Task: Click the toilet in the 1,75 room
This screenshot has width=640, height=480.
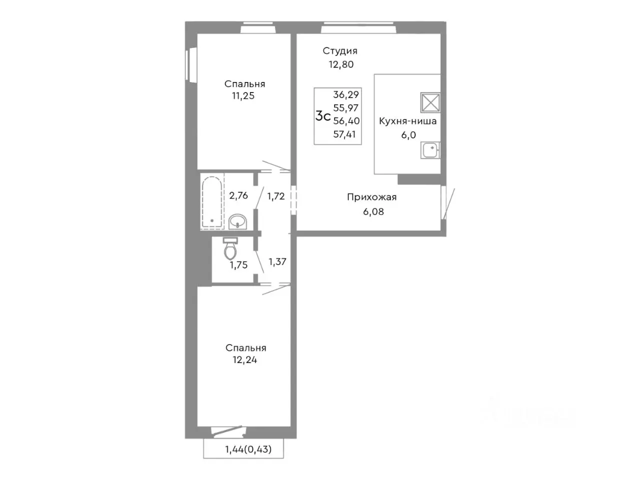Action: click(x=230, y=248)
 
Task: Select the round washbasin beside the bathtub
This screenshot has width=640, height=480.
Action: click(x=237, y=222)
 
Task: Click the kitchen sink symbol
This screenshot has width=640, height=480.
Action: click(x=430, y=150)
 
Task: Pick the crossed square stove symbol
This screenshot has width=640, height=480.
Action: click(x=430, y=102)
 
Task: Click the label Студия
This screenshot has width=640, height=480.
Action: click(x=339, y=51)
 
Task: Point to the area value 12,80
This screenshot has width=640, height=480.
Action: click(x=341, y=64)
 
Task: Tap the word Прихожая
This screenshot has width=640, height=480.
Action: click(x=372, y=197)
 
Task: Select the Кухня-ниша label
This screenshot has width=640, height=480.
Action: click(x=407, y=121)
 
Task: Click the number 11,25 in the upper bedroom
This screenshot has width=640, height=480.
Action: click(x=243, y=95)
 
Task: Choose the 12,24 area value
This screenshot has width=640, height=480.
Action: click(x=244, y=360)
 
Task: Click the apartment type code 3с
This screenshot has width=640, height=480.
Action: click(x=323, y=116)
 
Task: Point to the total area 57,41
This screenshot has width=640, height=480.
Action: click(x=344, y=134)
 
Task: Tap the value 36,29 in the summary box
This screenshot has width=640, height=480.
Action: click(x=346, y=94)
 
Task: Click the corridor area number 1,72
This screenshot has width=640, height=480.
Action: click(x=276, y=196)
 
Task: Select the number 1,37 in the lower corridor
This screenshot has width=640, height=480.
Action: click(x=277, y=261)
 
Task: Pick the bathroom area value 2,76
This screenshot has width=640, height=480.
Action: click(x=238, y=195)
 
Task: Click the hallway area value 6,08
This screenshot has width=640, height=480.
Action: click(x=373, y=211)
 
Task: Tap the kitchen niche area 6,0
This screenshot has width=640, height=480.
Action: click(x=408, y=135)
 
